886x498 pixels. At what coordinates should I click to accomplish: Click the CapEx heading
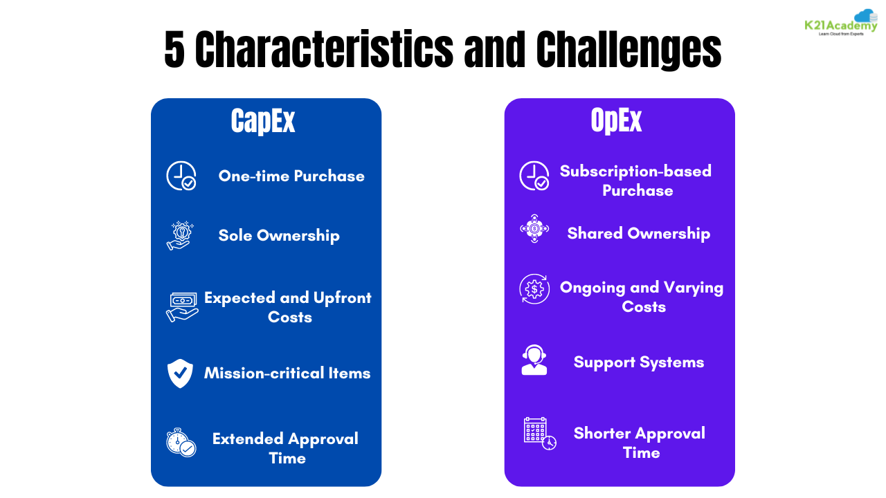[x=263, y=122]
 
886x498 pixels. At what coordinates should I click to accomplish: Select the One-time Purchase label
[x=291, y=176]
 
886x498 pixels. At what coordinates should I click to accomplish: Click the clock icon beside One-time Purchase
[x=181, y=176]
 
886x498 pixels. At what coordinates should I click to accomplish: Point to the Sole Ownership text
[x=279, y=235]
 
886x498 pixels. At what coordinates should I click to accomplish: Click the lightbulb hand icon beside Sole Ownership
[x=181, y=236]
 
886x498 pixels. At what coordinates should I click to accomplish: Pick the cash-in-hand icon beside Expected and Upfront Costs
[x=182, y=306]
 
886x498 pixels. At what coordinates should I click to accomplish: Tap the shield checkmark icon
[x=181, y=373]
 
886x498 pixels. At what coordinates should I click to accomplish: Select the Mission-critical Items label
[x=287, y=373]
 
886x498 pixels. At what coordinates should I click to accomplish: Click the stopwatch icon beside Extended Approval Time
[x=181, y=443]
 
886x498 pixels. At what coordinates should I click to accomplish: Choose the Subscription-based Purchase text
[x=635, y=181]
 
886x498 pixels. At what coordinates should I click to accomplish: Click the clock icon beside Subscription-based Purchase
[x=534, y=176]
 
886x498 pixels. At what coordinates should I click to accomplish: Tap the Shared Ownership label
[x=638, y=234]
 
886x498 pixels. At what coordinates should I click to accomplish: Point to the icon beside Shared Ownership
[x=534, y=228]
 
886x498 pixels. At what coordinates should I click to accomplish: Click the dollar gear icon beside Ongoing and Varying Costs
[x=534, y=288]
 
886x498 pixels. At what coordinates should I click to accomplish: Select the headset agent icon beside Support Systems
[x=534, y=360]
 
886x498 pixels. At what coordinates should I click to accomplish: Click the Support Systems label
[x=638, y=362]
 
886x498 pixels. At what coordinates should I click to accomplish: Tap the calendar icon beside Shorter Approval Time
[x=539, y=433]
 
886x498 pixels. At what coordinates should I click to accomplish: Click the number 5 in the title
[x=175, y=50]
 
